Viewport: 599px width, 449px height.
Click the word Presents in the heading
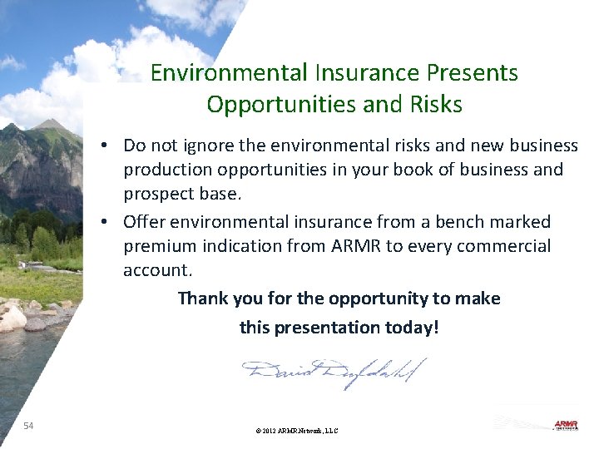pos(474,73)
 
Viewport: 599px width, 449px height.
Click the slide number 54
pos(28,426)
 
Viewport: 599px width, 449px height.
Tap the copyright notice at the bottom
pos(297,431)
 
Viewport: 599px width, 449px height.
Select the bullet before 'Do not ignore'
pos(108,146)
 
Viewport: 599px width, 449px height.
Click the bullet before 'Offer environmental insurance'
pos(108,222)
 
